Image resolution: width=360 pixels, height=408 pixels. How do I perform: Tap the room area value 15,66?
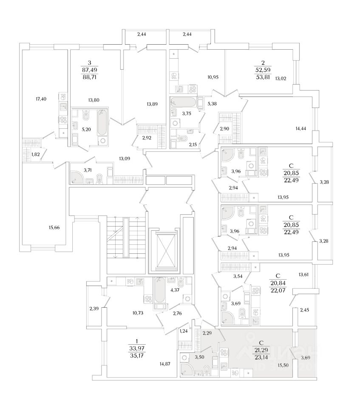pos(54,228)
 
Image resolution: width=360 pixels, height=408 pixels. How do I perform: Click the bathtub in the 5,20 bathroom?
pos(102,127)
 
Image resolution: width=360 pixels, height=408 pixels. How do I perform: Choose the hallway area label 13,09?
pos(124,159)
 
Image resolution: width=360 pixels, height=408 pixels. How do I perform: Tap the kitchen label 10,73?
pos(138,313)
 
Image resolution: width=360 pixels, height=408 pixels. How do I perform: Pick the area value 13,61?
pos(304,275)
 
